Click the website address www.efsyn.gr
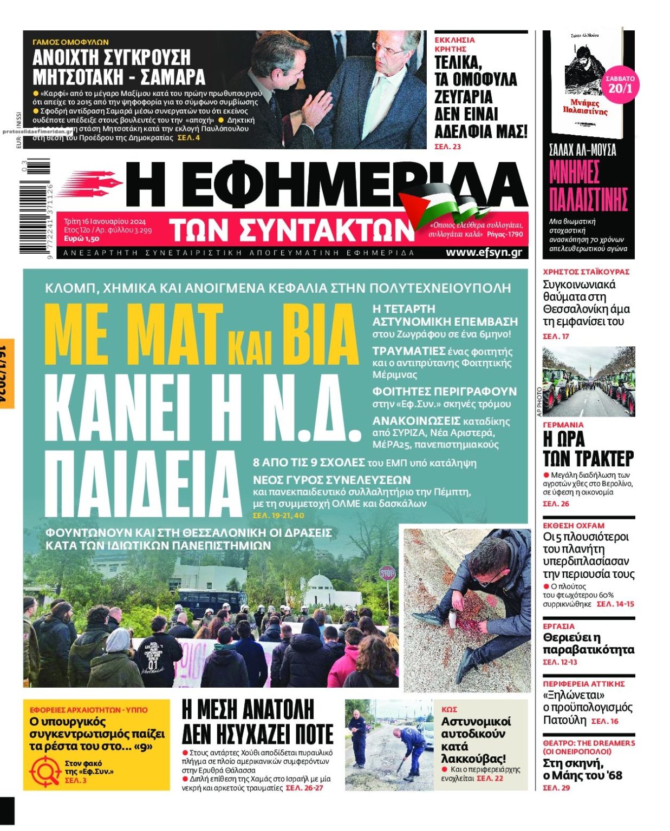(x=483, y=252)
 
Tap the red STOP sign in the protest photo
(x=387, y=573)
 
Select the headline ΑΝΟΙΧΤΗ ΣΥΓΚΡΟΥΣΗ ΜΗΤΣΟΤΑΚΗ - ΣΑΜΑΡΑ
(x=119, y=67)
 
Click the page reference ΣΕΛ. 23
(x=447, y=147)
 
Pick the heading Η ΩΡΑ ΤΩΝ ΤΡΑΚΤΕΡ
(x=588, y=449)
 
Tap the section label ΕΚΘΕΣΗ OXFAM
(x=574, y=525)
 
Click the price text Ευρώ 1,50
(x=81, y=239)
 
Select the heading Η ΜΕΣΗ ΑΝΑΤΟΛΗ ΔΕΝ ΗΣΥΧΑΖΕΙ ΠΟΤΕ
(x=257, y=721)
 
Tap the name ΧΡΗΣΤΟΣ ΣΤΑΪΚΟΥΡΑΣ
(x=586, y=272)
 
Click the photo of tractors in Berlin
(x=588, y=381)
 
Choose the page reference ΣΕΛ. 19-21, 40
(x=278, y=516)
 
